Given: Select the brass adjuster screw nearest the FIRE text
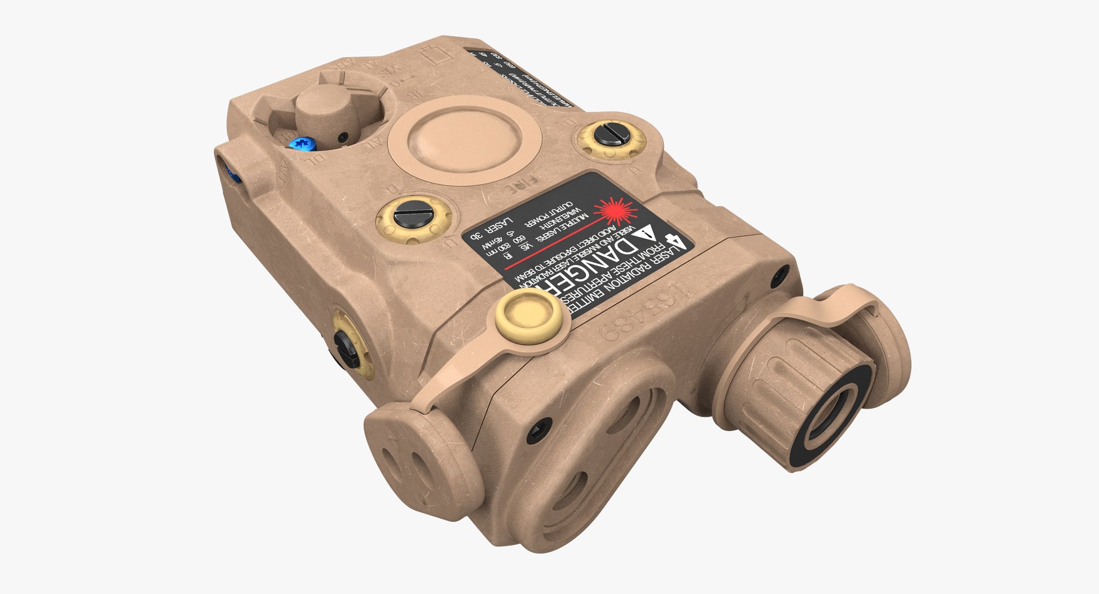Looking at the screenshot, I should coord(413,219).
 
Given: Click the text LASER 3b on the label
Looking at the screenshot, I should coord(492,229).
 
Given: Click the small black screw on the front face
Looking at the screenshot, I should coord(539,429).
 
